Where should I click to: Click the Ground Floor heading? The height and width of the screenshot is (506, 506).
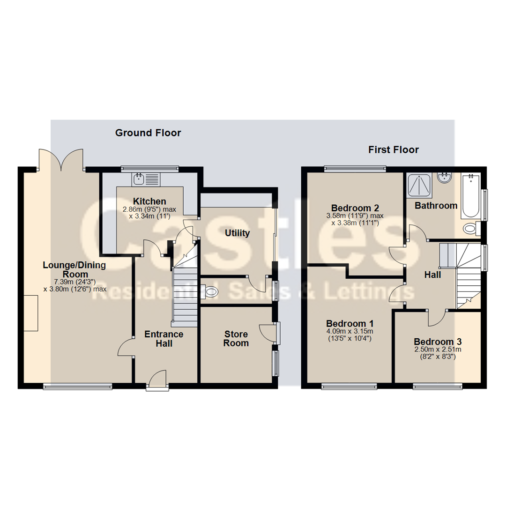tap(148, 133)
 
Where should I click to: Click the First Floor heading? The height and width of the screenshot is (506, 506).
tap(394, 150)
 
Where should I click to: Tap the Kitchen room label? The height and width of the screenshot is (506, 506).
tap(149, 201)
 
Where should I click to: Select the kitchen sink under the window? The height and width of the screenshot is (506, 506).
tap(146, 179)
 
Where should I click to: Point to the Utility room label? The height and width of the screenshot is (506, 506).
tap(237, 233)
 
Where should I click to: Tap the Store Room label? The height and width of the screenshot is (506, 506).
tap(236, 339)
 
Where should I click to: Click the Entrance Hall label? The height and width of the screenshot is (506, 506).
tap(164, 339)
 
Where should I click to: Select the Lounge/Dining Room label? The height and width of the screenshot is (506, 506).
tap(74, 270)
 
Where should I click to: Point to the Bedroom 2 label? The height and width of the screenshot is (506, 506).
tap(355, 208)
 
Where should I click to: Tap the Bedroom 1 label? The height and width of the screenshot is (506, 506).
tap(350, 323)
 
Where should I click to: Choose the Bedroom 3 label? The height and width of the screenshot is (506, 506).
tap(438, 342)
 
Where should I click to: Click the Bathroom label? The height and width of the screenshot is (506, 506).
tap(436, 206)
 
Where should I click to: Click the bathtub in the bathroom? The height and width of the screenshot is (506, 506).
tap(470, 196)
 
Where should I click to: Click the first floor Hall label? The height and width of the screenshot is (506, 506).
tap(433, 275)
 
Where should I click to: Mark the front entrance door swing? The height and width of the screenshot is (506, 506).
tap(158, 378)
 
